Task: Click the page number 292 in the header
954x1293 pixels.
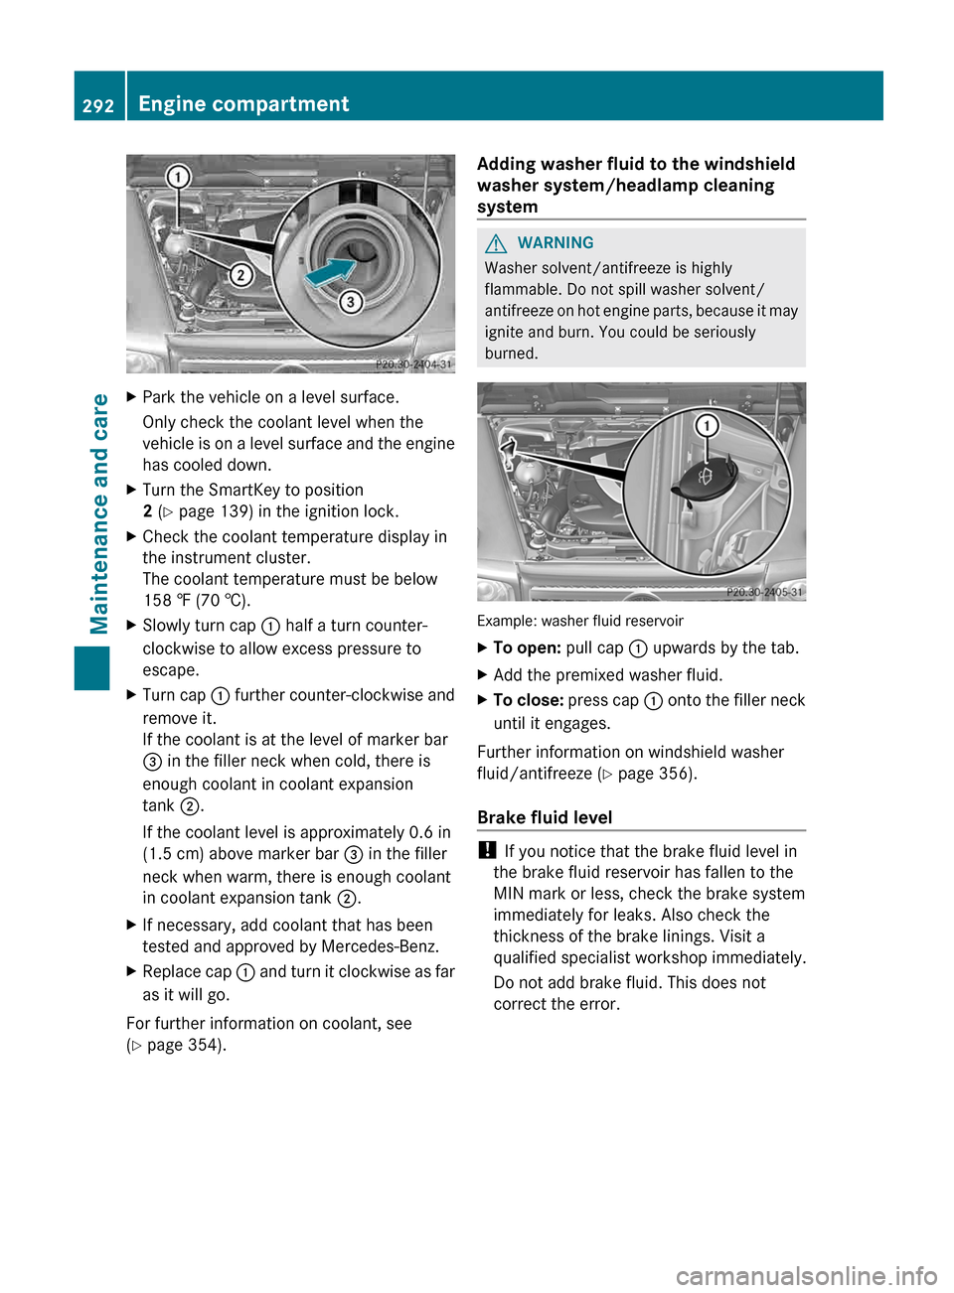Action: point(98,105)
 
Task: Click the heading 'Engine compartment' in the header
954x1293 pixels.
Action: point(243,104)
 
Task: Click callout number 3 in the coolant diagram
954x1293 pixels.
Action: point(350,302)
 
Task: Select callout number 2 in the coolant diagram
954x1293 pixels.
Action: point(240,274)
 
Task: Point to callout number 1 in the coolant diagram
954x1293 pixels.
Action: point(178,178)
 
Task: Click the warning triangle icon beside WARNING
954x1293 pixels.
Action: point(496,243)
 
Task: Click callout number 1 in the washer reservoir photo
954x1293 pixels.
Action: point(707,426)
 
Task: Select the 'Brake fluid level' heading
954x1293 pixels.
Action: point(545,817)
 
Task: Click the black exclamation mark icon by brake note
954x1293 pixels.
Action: point(485,850)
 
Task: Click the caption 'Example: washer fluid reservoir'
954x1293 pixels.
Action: point(580,621)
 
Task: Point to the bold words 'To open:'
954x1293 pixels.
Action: point(527,647)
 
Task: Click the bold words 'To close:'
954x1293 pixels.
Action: point(528,700)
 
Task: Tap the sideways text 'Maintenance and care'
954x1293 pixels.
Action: point(99,513)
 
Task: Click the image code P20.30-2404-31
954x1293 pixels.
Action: point(412,364)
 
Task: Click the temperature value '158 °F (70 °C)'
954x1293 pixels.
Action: point(197,600)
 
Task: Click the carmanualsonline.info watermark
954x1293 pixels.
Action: point(806,1275)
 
